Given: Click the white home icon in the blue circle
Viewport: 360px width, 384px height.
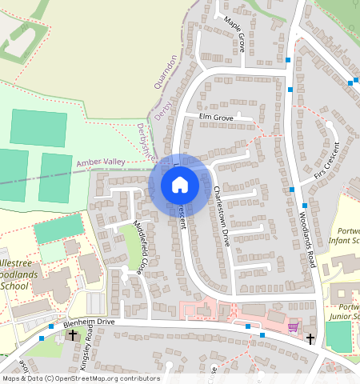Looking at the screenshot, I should tap(180, 185).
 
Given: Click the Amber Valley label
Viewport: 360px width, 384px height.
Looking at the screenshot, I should tap(102, 162).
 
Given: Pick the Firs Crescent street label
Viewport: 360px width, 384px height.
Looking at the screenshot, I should tap(327, 163).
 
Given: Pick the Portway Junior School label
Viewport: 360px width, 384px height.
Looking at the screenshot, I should tap(346, 312).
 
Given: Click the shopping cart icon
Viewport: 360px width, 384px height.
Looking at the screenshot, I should tap(293, 326).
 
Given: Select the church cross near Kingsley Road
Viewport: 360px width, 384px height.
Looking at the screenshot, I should tap(73, 335).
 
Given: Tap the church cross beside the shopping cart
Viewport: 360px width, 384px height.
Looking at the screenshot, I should tap(310, 339).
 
